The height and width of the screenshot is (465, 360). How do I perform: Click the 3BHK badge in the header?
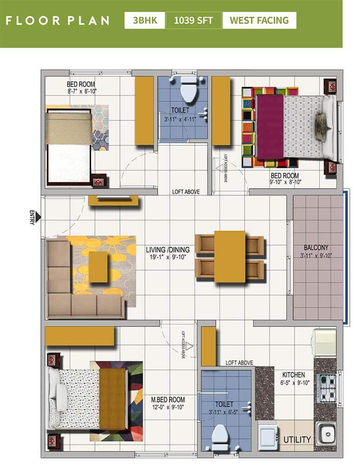pyautogui.click(x=144, y=20)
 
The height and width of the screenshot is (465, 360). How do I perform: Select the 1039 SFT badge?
pyautogui.click(x=193, y=20)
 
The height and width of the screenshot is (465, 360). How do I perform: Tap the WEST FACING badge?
pyautogui.click(x=259, y=20)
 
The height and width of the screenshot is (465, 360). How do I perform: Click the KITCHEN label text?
pyautogui.click(x=293, y=375)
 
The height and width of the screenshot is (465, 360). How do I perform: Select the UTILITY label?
pyautogui.click(x=297, y=439)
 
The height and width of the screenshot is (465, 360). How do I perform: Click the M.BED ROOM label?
pyautogui.click(x=168, y=399)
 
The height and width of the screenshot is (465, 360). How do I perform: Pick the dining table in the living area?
pyautogui.click(x=229, y=256)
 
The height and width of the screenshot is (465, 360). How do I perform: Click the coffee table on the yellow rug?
pyautogui.click(x=98, y=266)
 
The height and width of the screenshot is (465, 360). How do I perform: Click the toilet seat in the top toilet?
pyautogui.click(x=189, y=90)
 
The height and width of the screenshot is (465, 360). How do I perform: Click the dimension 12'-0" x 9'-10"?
pyautogui.click(x=168, y=408)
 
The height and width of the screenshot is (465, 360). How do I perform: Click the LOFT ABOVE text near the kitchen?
pyautogui.click(x=239, y=363)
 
